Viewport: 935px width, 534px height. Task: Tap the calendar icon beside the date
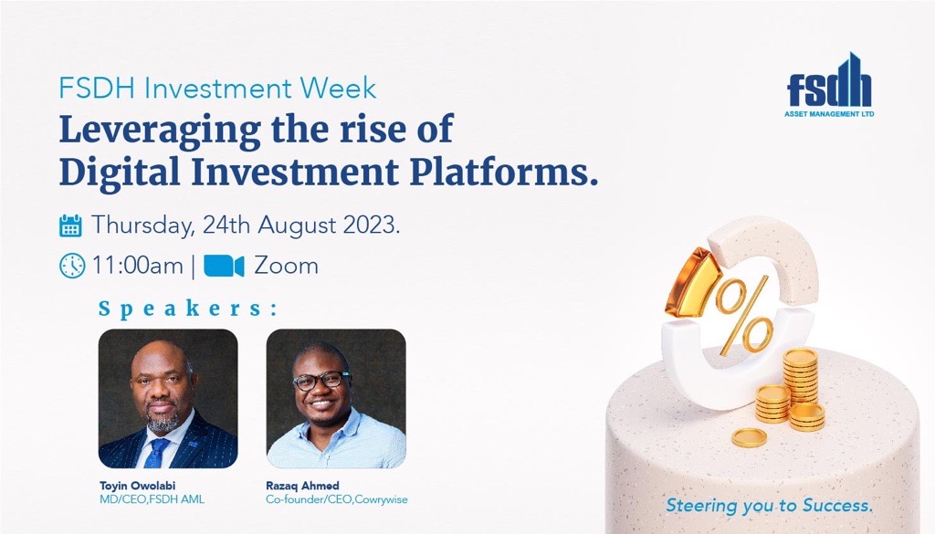[70, 225]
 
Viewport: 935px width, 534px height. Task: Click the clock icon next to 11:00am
[72, 266]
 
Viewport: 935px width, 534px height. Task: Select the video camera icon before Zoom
[224, 266]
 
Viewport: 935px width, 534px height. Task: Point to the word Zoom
[286, 266]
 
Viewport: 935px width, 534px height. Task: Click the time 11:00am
[137, 266]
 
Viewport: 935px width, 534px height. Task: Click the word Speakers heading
[188, 309]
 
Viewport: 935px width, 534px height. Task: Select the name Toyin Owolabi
[137, 485]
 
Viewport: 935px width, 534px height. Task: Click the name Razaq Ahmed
[302, 485]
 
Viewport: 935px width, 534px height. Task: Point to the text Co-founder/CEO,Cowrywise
[337, 499]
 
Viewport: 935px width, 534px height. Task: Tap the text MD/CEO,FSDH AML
[152, 499]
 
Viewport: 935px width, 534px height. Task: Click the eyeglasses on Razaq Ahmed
[320, 380]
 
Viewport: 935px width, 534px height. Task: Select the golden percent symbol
[743, 317]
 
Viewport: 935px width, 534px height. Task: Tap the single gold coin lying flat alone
[749, 438]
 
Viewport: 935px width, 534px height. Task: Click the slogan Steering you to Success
[769, 506]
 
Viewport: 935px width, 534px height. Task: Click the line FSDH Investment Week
[217, 89]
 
